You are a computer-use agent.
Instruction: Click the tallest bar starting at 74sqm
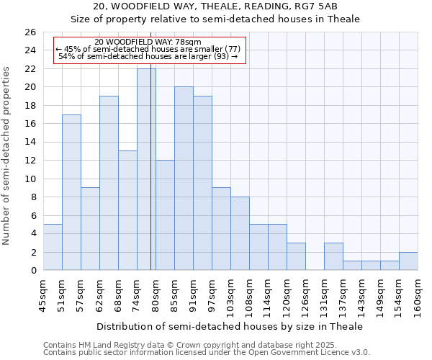[146, 169]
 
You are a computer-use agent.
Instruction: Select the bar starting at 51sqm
[71, 192]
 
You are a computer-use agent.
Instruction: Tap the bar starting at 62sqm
[109, 183]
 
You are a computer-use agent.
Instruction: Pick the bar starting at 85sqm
[184, 179]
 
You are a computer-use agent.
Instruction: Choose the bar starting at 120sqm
[296, 256]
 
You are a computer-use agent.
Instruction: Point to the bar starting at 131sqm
[333, 256]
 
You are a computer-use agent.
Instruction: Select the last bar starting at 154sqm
[408, 261]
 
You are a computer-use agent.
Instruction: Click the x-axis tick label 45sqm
[44, 293]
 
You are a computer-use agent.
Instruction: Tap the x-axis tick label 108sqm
[250, 295]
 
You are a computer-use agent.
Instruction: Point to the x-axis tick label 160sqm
[418, 295]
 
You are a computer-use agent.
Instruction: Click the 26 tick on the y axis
[30, 32]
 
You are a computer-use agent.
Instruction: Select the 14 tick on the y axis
[30, 143]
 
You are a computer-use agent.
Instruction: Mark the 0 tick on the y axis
[32, 271]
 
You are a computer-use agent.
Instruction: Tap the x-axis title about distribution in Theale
[229, 326]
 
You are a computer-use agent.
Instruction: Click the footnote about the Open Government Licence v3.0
[207, 353]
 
